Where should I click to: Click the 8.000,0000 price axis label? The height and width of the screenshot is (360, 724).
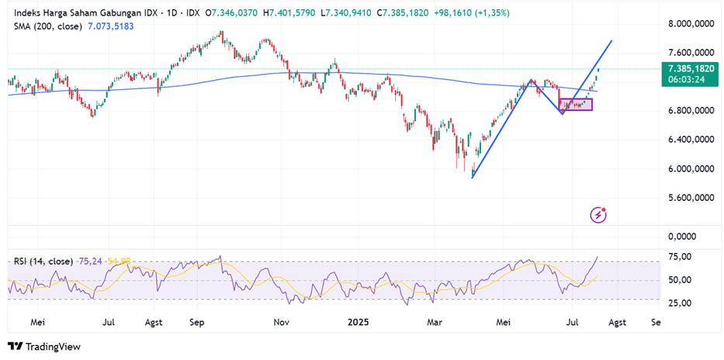pyautogui.click(x=691, y=24)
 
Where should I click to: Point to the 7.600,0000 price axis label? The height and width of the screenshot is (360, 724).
pyautogui.click(x=691, y=53)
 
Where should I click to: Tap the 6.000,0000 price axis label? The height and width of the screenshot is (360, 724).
pyautogui.click(x=691, y=169)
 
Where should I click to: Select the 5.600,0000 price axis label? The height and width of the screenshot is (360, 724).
pyautogui.click(x=691, y=198)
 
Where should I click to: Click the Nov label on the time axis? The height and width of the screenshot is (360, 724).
pyautogui.click(x=282, y=320)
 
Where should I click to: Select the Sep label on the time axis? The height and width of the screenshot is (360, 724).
pyautogui.click(x=196, y=320)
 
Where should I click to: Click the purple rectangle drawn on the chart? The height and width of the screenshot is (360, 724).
pyautogui.click(x=576, y=105)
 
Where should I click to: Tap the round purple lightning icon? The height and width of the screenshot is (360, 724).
pyautogui.click(x=598, y=213)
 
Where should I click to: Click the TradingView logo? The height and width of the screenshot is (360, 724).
pyautogui.click(x=44, y=347)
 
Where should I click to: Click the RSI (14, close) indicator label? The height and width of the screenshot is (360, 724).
pyautogui.click(x=43, y=261)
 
